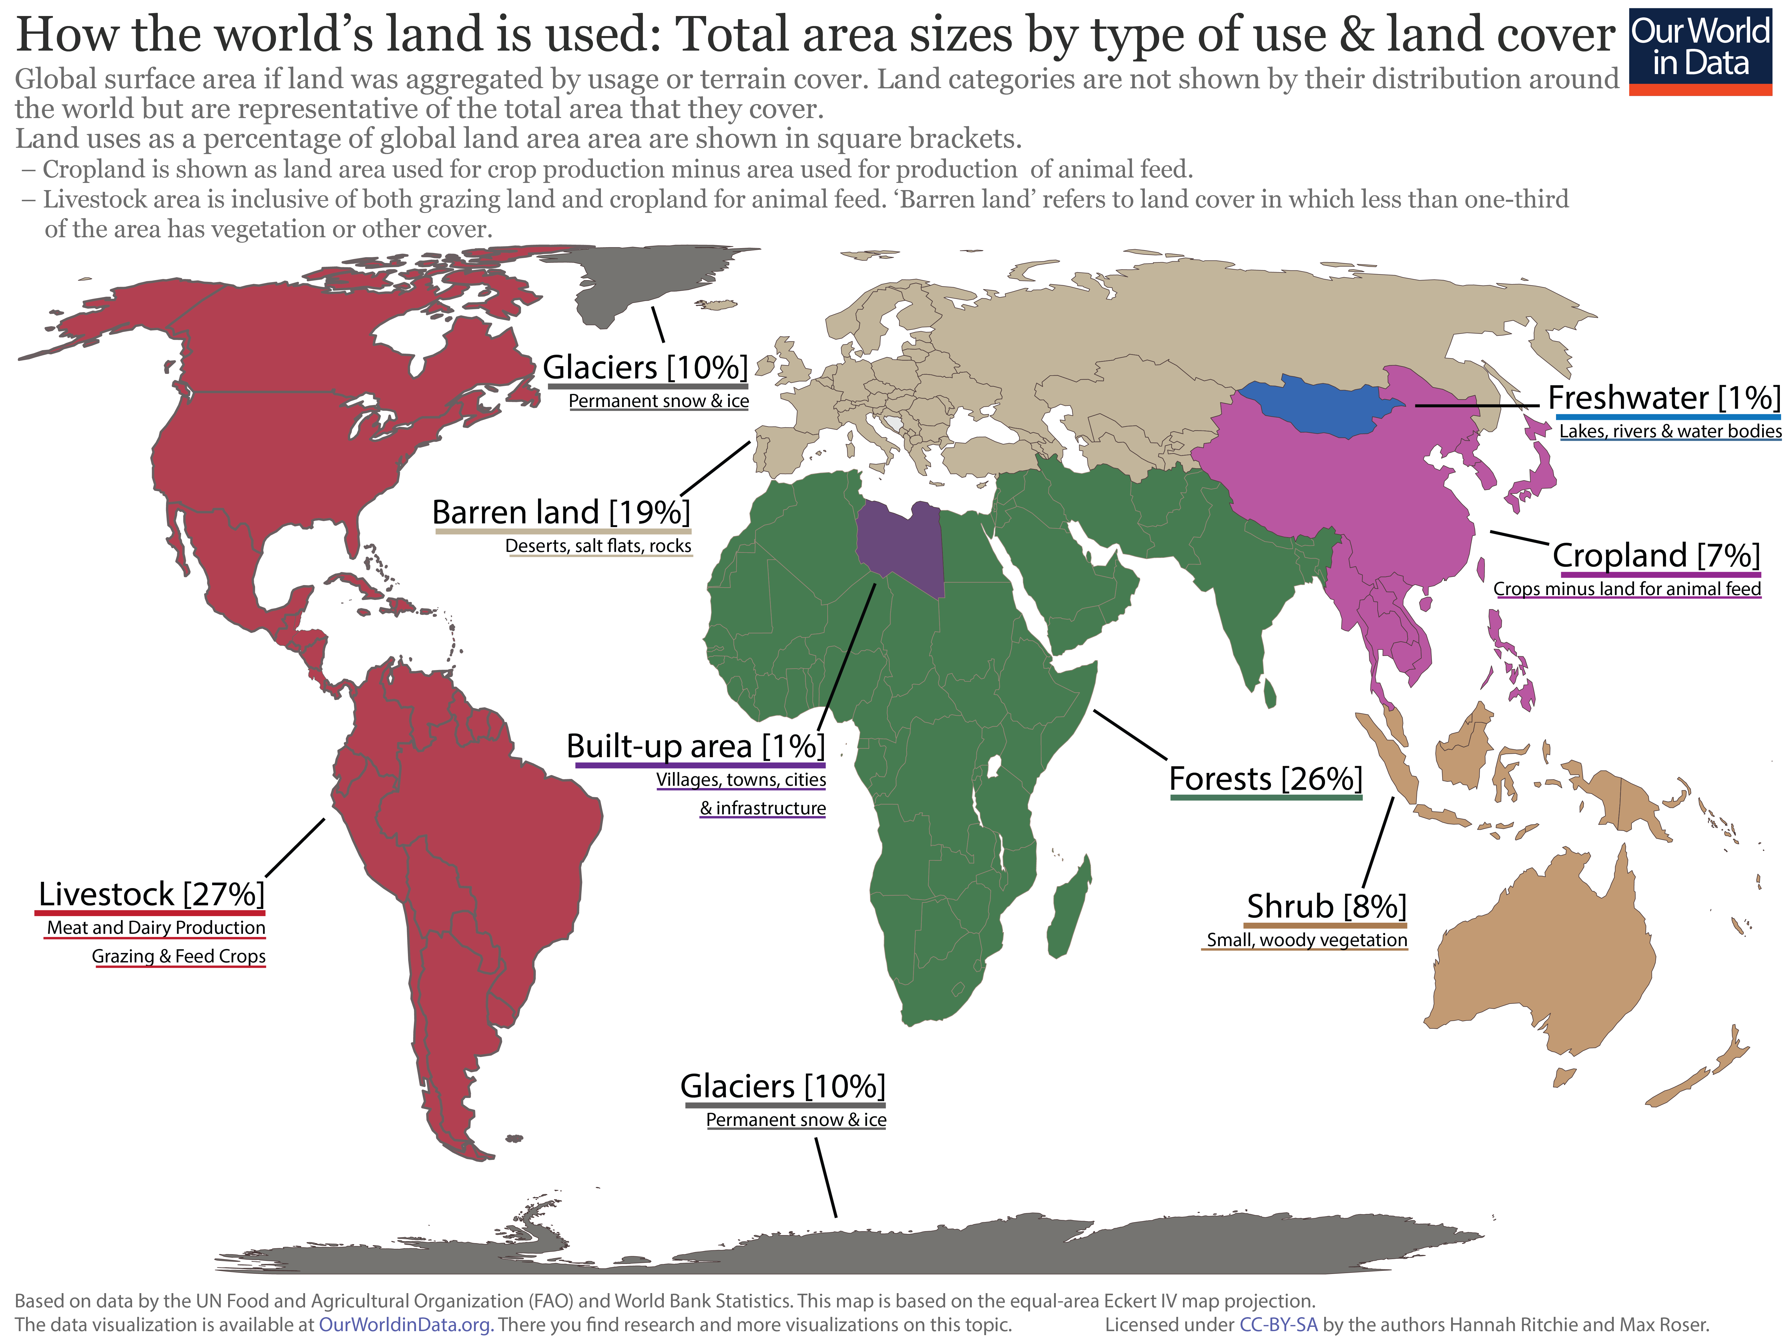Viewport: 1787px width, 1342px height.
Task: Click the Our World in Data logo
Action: (1700, 50)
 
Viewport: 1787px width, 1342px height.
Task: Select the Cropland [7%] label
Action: (1655, 556)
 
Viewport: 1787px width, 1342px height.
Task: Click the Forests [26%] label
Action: (1265, 779)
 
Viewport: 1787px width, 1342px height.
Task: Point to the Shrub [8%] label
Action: (1326, 906)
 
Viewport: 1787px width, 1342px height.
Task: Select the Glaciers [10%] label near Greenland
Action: (645, 368)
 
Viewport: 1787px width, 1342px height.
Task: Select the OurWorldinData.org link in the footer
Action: (405, 1325)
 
